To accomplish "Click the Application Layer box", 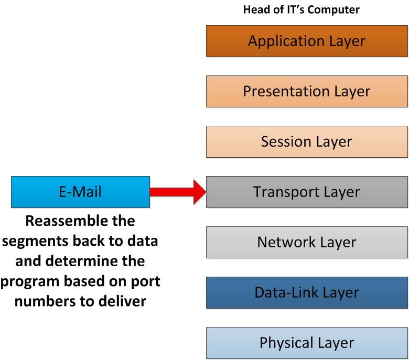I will pyautogui.click(x=307, y=41).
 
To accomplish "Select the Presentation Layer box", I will pyautogui.click(x=307, y=91).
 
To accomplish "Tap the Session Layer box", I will pyautogui.click(x=307, y=141).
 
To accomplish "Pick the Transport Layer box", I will pyautogui.click(x=307, y=192).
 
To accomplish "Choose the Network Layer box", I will pyautogui.click(x=307, y=242).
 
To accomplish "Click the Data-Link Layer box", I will pyautogui.click(x=307, y=292).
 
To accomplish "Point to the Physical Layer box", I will pyautogui.click(x=307, y=343).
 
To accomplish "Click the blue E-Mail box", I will pyautogui.click(x=80, y=192).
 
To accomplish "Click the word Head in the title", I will pyautogui.click(x=255, y=10).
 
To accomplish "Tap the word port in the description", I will pyautogui.click(x=146, y=281).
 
